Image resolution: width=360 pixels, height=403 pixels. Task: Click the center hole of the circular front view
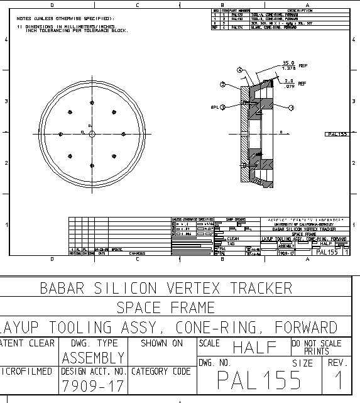pyautogui.click(x=92, y=134)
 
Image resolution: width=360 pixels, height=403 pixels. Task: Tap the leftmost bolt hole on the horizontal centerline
pyautogui.click(x=60, y=134)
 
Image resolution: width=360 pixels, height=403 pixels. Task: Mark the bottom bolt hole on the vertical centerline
pyautogui.click(x=92, y=166)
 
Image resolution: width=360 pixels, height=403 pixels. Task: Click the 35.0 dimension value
pyautogui.click(x=288, y=63)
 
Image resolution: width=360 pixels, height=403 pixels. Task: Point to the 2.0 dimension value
pyautogui.click(x=289, y=80)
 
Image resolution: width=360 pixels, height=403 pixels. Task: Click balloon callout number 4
pyautogui.click(x=239, y=69)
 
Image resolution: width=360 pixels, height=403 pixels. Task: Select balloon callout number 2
pyautogui.click(x=222, y=84)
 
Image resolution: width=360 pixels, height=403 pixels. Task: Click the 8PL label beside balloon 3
pyautogui.click(x=214, y=107)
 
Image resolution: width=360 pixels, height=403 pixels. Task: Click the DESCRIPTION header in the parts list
pyautogui.click(x=300, y=11)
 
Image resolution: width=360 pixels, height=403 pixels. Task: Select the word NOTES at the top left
pyautogui.click(x=25, y=19)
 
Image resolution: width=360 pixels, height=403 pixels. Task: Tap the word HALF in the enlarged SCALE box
pyautogui.click(x=255, y=347)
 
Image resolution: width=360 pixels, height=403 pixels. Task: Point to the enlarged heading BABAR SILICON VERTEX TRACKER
pyautogui.click(x=166, y=289)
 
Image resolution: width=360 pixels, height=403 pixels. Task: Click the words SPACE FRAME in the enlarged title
pyautogui.click(x=166, y=308)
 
